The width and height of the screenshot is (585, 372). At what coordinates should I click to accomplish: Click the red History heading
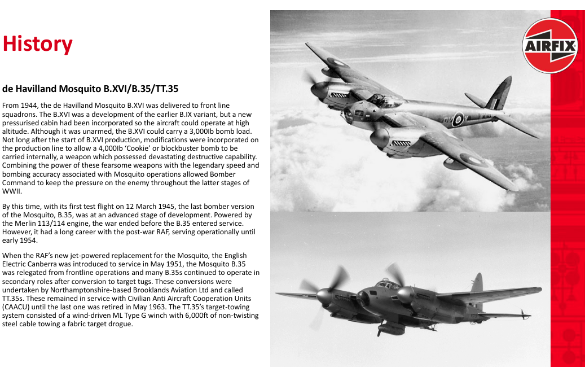tap(38, 44)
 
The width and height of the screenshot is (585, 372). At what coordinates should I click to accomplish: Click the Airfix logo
tap(551, 45)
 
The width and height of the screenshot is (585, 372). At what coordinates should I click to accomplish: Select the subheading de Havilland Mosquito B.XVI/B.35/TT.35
tap(91, 89)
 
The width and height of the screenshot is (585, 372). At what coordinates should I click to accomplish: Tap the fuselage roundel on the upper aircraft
tap(458, 119)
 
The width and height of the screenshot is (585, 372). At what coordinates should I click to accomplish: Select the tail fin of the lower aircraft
tap(477, 285)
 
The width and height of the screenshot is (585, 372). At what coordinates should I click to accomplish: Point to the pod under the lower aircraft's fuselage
tap(392, 329)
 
